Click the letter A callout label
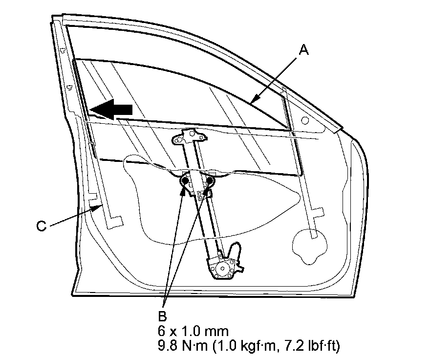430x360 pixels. coord(304,49)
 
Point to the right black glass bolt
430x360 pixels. coord(210,182)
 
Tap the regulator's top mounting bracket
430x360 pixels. coord(187,138)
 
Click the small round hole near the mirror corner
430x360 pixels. coord(305,120)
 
